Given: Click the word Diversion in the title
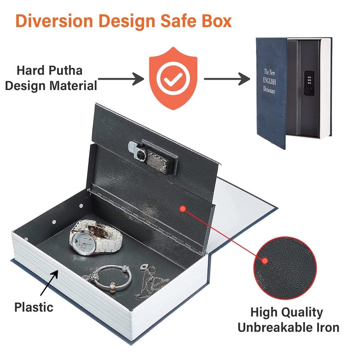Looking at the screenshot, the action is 54,21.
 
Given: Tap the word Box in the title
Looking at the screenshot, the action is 216,21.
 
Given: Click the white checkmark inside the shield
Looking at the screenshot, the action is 173,78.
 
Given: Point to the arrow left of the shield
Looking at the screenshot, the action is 121,79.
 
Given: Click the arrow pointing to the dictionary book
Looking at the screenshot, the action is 227,79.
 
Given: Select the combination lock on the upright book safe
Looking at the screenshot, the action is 309,83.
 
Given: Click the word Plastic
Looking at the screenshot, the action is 34,307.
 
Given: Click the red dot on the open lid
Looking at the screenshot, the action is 183,209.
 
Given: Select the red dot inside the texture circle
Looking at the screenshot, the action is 265,261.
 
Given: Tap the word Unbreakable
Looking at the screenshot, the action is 274,328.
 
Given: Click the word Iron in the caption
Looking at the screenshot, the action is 327,328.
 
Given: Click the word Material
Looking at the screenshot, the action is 73,86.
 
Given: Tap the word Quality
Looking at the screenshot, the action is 302,313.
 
